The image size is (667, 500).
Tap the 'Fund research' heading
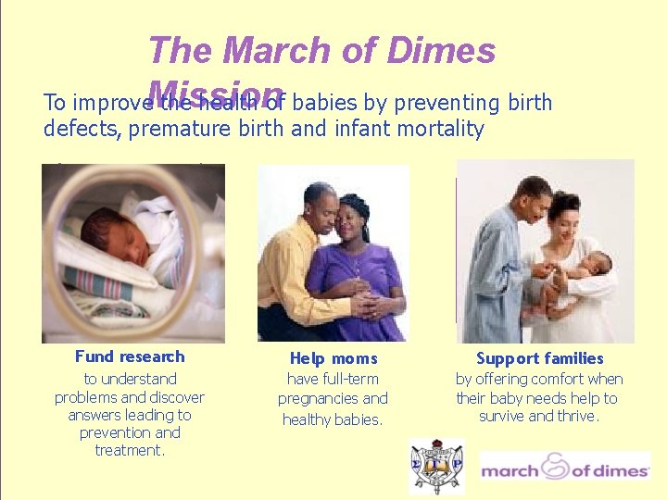[130, 356]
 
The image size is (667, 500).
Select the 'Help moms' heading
[333, 358]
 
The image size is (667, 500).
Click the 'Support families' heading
[539, 358]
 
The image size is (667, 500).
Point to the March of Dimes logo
[564, 469]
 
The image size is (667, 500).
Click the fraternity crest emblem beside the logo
[436, 467]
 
